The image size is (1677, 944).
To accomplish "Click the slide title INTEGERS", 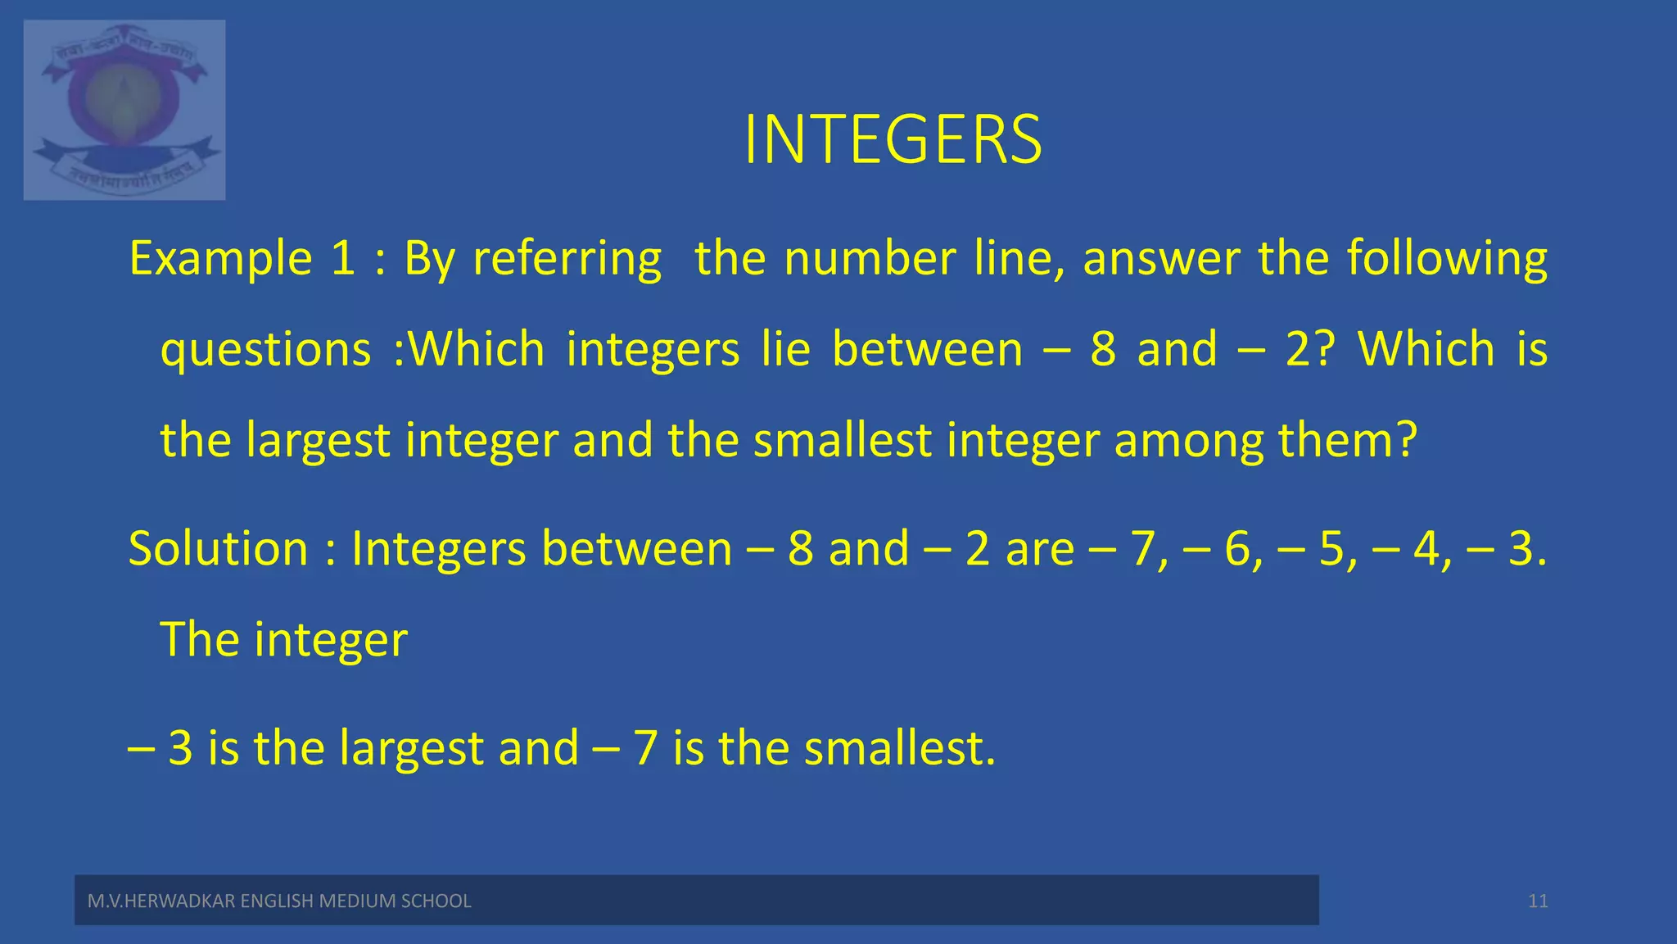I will tap(893, 140).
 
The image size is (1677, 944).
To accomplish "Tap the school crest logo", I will tap(124, 110).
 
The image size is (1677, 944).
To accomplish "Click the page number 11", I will tap(1538, 901).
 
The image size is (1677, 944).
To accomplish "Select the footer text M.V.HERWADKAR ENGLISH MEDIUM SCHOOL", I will tap(279, 901).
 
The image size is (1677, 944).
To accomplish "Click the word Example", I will tap(221, 259).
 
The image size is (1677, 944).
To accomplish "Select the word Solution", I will tap(218, 548).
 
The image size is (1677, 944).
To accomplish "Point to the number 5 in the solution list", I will tap(1332, 549).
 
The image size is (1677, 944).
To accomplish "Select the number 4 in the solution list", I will tap(1426, 549).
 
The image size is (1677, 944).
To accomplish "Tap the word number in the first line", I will tap(870, 259).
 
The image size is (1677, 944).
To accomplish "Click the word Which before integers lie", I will tap(476, 350).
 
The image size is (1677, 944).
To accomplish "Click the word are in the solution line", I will tap(1039, 549).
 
